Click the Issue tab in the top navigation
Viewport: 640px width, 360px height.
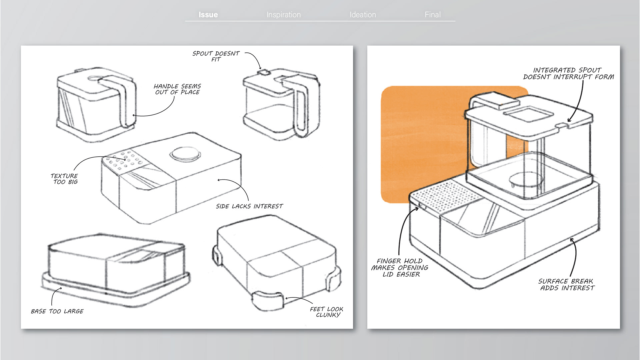click(208, 15)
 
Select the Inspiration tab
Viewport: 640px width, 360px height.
click(284, 15)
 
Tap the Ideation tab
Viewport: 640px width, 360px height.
click(363, 15)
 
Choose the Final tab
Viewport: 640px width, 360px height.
click(433, 15)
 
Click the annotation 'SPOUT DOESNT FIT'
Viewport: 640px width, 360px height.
click(216, 56)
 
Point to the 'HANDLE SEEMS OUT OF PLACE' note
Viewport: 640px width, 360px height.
click(177, 89)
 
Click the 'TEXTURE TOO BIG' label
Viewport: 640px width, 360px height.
click(64, 179)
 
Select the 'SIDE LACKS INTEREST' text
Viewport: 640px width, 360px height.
click(249, 206)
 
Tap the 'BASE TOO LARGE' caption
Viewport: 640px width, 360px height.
click(57, 311)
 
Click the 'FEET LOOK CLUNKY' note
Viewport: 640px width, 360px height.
click(327, 312)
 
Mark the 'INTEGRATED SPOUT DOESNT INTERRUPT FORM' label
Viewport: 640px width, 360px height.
click(568, 74)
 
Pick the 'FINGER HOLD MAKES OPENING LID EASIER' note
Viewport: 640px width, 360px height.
click(400, 268)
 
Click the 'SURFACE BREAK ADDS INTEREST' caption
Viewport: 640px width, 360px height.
click(566, 285)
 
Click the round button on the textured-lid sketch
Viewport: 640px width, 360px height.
click(185, 154)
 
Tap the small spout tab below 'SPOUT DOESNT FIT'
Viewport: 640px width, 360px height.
click(265, 72)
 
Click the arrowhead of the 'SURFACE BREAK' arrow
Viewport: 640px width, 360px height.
click(572, 240)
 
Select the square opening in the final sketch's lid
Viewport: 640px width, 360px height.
click(528, 114)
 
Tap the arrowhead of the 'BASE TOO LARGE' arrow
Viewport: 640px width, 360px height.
click(60, 289)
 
